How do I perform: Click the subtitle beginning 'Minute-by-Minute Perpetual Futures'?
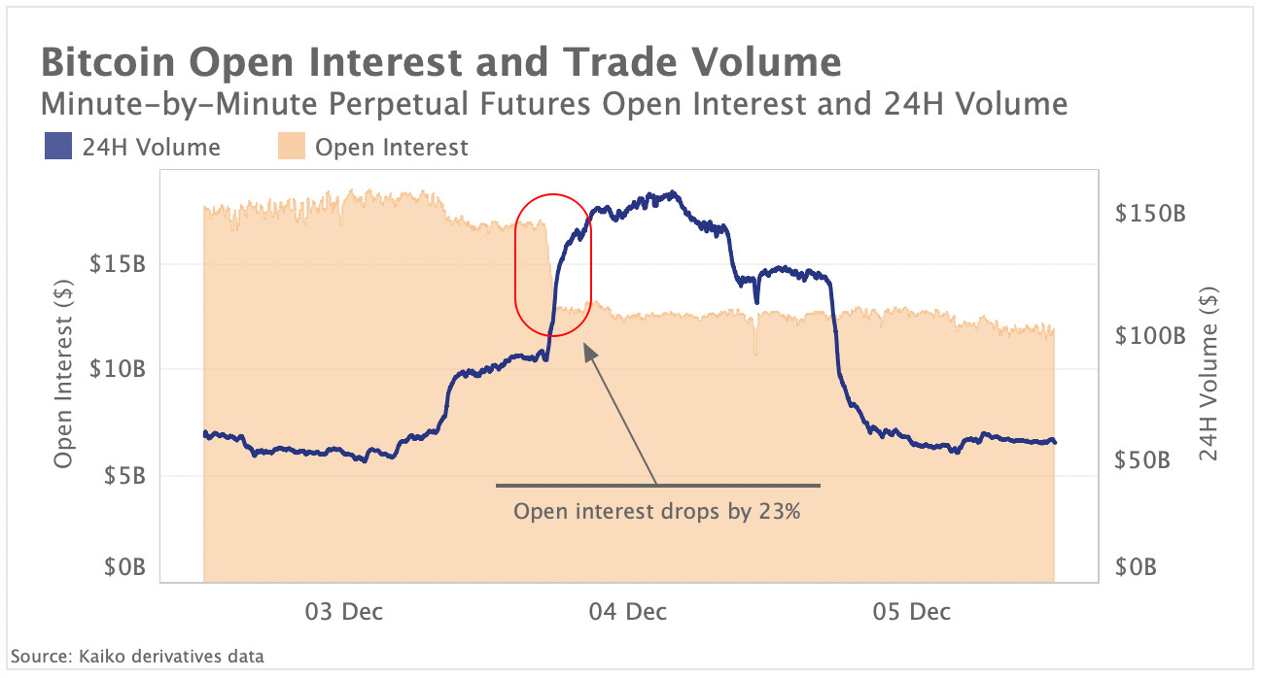tap(553, 104)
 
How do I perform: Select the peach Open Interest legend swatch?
tap(291, 148)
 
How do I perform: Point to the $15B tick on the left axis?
tap(118, 263)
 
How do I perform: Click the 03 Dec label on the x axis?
tap(344, 612)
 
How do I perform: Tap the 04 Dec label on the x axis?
tap(628, 612)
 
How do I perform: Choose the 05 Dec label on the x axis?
tap(911, 612)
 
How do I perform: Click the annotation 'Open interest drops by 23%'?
tap(657, 512)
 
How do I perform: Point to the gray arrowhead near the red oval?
tap(588, 352)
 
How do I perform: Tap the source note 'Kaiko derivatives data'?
tap(137, 657)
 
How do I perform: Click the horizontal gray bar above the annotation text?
tap(657, 485)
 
